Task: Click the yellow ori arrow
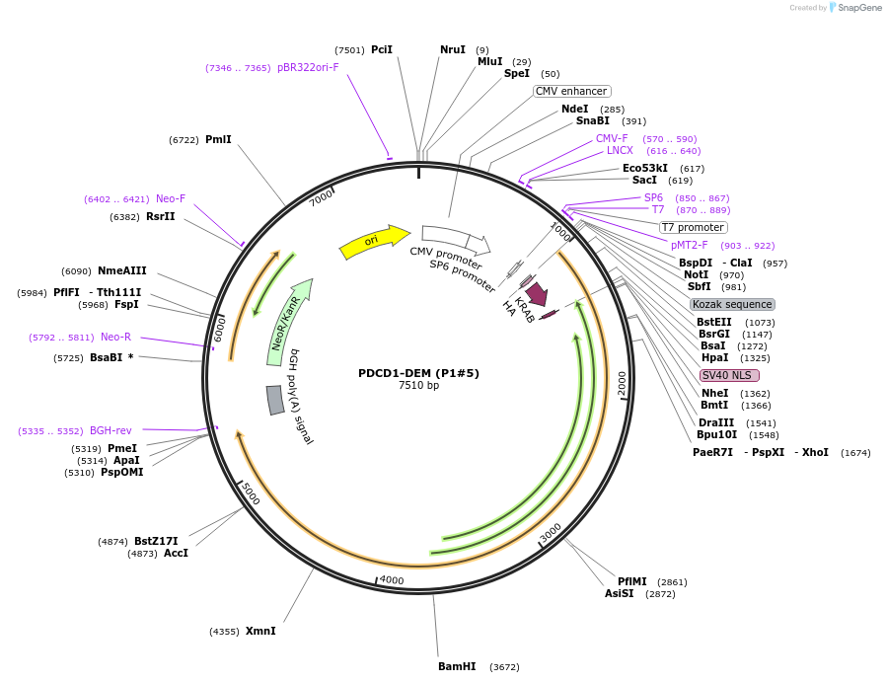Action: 373,242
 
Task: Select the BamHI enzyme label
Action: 457,666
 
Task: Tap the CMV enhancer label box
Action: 571,91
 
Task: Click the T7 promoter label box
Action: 694,227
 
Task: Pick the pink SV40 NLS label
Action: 729,375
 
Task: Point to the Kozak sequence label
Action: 732,304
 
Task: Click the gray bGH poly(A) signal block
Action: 275,400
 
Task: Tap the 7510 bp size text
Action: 418,386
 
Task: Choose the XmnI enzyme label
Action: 260,631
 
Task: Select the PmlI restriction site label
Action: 218,139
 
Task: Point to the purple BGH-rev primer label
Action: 111,430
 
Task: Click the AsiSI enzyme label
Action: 620,593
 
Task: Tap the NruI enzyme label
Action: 453,49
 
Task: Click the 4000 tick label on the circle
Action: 392,580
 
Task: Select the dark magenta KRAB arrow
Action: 536,293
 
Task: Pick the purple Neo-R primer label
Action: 115,337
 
